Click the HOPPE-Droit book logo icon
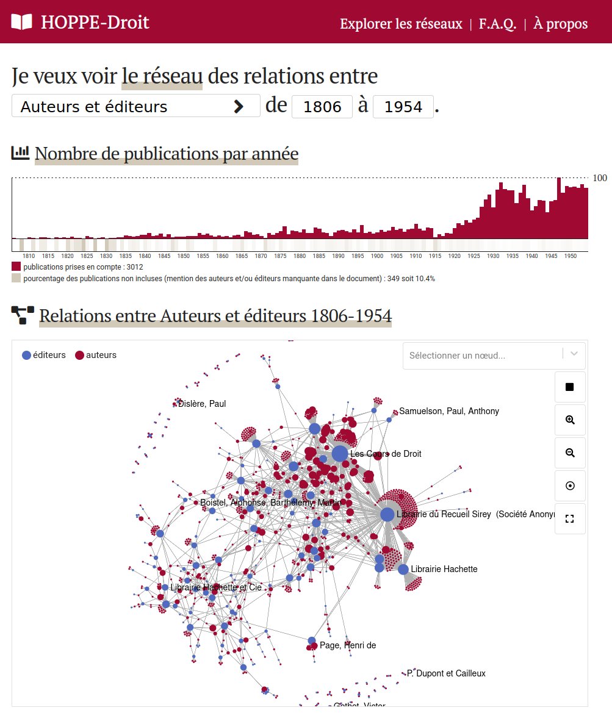point(21,23)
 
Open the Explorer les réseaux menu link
point(401,24)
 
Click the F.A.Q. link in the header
point(497,24)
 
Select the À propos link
point(560,24)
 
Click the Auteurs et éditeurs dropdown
point(135,107)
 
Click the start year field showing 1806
point(322,107)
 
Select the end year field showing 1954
point(403,107)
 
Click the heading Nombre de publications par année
point(167,154)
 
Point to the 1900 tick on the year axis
point(377,256)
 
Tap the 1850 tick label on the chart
point(184,256)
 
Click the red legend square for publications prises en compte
point(16,267)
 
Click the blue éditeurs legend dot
point(26,355)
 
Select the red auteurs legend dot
point(79,355)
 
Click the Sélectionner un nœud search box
point(482,355)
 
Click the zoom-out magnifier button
point(570,453)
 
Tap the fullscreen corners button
point(570,519)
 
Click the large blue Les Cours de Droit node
point(340,454)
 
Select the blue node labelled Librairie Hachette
point(403,569)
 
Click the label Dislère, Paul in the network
point(202,404)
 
